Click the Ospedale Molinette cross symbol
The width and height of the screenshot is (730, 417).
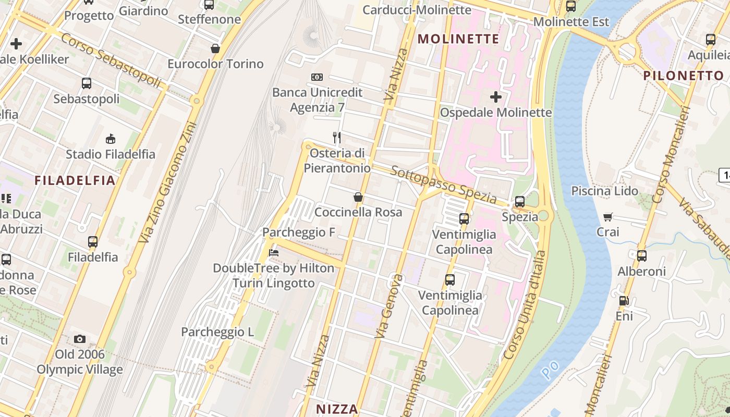click(x=496, y=97)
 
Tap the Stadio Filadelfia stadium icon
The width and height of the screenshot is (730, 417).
click(x=110, y=139)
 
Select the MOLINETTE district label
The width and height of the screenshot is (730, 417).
click(x=458, y=39)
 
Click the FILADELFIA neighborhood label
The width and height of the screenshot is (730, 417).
click(x=75, y=180)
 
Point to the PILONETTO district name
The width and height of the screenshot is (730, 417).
click(x=684, y=76)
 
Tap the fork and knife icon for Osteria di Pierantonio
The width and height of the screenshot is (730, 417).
click(x=337, y=138)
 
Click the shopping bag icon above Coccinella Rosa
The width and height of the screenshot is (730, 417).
click(x=358, y=197)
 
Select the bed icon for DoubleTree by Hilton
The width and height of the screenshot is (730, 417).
click(x=273, y=253)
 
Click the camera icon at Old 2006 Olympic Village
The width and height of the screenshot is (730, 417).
click(x=79, y=339)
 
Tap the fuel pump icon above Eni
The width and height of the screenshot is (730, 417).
click(x=624, y=301)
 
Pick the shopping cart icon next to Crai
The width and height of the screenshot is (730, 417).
click(x=608, y=217)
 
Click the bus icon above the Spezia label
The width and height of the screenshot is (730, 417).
click(x=519, y=202)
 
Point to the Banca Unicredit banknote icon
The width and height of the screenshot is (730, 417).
click(x=317, y=77)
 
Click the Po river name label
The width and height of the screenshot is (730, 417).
click(x=550, y=370)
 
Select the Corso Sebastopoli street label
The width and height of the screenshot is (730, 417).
click(x=111, y=60)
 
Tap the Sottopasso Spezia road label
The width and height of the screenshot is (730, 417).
click(x=443, y=185)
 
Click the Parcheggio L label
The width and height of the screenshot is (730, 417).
click(x=217, y=332)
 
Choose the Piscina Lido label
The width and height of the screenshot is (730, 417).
click(x=604, y=191)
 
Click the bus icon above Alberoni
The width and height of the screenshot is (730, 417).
click(x=641, y=256)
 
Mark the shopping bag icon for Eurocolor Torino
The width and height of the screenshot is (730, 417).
click(x=215, y=48)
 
